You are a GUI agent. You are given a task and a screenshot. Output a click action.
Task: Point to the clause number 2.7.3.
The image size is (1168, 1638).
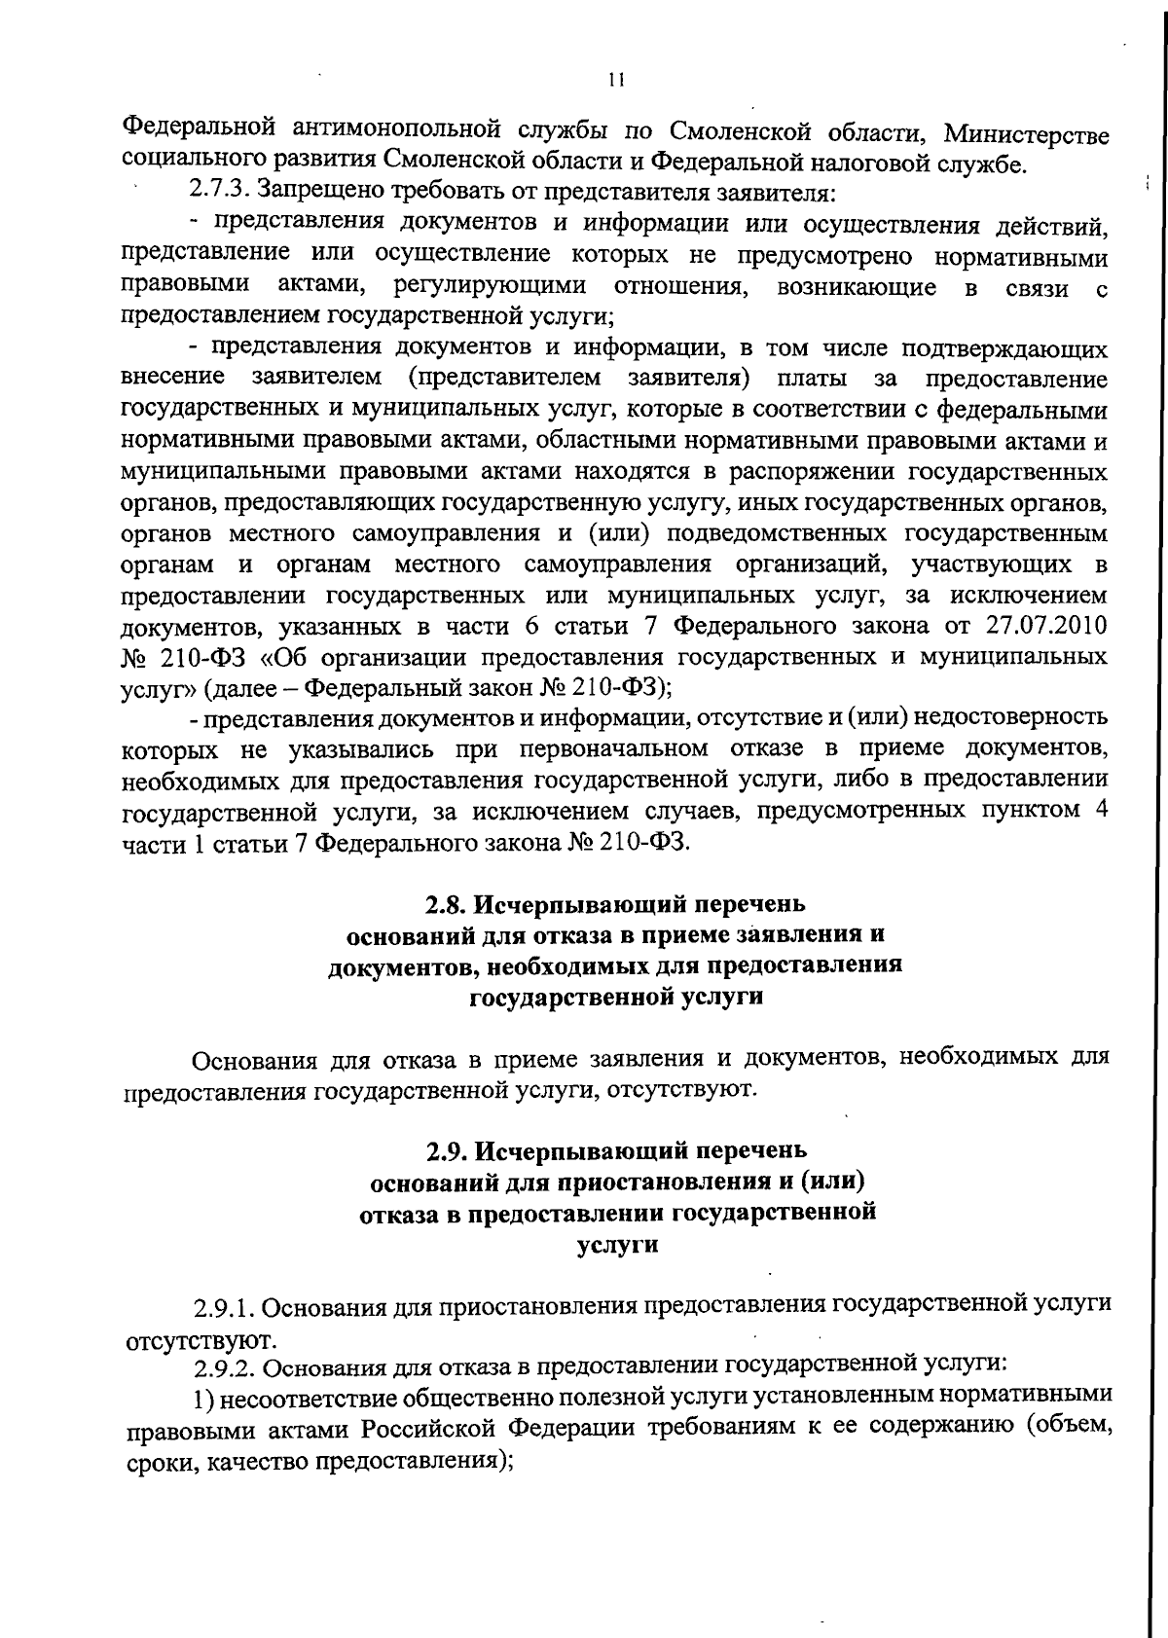[x=223, y=193]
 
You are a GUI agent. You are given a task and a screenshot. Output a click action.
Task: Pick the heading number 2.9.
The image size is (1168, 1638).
[x=447, y=1150]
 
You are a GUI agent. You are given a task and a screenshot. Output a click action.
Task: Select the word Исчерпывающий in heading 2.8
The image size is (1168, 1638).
[x=581, y=904]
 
